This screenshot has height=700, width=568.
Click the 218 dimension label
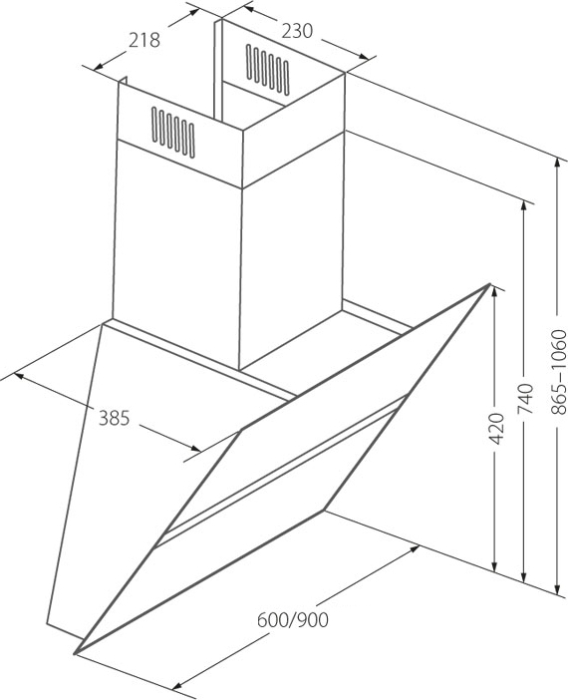(x=144, y=40)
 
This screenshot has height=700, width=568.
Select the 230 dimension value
(x=298, y=31)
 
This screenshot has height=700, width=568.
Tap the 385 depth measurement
(x=114, y=418)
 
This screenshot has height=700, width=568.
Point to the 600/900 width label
(x=293, y=619)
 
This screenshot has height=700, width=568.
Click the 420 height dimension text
(x=496, y=429)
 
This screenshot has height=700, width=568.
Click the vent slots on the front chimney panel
(x=173, y=133)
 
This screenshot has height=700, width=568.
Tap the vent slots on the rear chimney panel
(x=267, y=70)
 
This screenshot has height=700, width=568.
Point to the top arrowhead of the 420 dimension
(x=494, y=292)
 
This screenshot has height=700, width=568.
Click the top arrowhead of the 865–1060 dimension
(x=557, y=164)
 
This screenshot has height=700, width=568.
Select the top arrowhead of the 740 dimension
(x=523, y=206)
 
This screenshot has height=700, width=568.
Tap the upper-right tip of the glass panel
(x=490, y=284)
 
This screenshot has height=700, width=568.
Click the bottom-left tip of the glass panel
(x=75, y=654)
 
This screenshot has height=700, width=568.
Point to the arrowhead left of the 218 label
(x=99, y=66)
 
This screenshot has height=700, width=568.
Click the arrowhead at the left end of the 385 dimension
(x=19, y=376)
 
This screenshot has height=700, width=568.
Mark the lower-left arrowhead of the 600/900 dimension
(x=177, y=686)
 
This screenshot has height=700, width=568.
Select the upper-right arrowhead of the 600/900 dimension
(x=414, y=548)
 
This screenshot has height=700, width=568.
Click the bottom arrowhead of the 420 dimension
(x=494, y=566)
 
